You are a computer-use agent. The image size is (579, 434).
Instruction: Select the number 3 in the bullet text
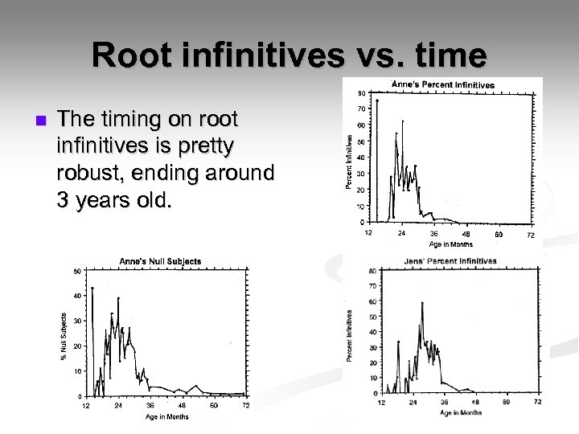click(64, 199)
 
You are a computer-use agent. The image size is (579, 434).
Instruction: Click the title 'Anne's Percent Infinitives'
click(443, 84)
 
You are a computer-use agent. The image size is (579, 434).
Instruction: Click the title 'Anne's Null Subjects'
click(160, 261)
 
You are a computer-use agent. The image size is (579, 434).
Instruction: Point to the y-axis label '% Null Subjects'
click(64, 336)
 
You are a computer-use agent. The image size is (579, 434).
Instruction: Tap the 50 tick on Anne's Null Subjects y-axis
click(77, 272)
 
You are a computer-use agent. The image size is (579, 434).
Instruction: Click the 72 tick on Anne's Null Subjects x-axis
click(245, 405)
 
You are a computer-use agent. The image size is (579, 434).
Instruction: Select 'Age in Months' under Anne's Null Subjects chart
click(167, 416)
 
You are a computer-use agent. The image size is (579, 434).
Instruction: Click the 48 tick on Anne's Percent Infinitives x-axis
click(466, 234)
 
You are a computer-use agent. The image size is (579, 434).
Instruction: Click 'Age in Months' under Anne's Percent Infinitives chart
click(451, 244)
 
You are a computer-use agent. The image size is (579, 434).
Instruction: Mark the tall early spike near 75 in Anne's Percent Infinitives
click(376, 100)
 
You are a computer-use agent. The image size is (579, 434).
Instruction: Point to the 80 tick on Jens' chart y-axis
click(372, 271)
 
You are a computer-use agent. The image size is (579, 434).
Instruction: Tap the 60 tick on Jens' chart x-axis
click(506, 401)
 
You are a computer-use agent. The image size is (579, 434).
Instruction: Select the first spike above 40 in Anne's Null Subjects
click(92, 288)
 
